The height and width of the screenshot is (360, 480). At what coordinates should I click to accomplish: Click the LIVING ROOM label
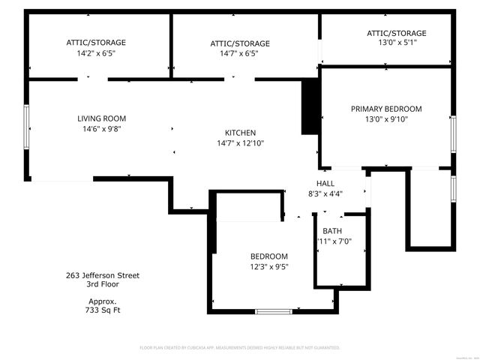[x=102, y=118]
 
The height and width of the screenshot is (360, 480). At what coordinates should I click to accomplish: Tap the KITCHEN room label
[x=241, y=133]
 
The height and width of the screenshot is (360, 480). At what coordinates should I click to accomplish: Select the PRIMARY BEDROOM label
[x=386, y=109]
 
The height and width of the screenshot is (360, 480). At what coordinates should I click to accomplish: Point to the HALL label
[x=325, y=184]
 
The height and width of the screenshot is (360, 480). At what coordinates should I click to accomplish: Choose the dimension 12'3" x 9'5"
[x=269, y=266]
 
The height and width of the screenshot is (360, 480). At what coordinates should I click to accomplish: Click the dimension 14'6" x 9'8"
[x=102, y=129]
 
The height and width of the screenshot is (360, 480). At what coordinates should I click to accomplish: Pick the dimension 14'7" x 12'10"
[x=241, y=143]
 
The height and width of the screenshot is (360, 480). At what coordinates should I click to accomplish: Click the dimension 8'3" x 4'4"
[x=325, y=194]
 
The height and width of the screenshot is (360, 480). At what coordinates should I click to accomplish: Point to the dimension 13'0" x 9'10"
[x=386, y=119]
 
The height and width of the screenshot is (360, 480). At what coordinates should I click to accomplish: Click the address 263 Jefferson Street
[x=103, y=275]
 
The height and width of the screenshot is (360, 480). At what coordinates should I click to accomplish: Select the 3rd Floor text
[x=103, y=284]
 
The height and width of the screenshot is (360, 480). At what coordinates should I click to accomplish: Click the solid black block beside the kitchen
[x=307, y=107]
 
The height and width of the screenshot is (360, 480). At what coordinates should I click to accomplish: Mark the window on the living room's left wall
[x=26, y=128]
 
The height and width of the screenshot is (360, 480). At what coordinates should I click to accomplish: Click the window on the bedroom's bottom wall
[x=273, y=311]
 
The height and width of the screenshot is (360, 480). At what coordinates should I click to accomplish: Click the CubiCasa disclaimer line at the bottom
[x=240, y=348]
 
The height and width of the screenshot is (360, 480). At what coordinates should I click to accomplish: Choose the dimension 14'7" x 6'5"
[x=240, y=54]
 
